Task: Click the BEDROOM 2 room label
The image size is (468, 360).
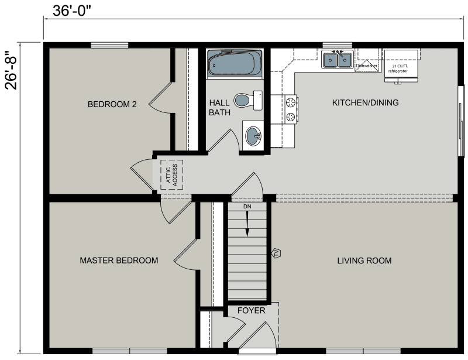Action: pos(112,105)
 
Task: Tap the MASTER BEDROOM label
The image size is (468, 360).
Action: pos(119,260)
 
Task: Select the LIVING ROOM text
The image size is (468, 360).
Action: pos(364,260)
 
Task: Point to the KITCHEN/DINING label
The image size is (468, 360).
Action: pos(365,103)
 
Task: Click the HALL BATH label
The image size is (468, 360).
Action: pos(219,107)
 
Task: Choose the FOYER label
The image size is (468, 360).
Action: pos(251,310)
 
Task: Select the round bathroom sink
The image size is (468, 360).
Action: pos(253,137)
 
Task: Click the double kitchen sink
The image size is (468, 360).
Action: pos(337,59)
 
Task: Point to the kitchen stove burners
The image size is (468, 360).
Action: pos(291,109)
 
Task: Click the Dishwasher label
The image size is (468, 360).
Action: pos(367,66)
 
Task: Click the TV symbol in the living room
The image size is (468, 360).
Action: pos(277,253)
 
